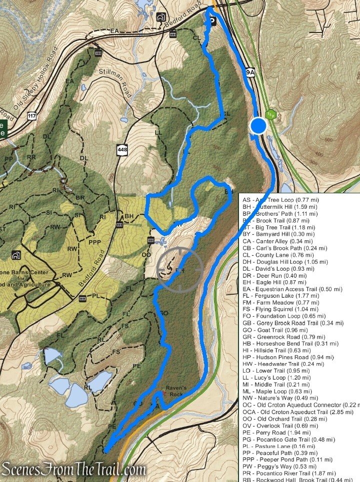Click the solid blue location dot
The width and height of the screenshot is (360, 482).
[258, 126]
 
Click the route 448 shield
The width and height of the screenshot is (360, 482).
[121, 149]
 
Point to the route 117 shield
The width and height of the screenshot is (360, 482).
[31, 116]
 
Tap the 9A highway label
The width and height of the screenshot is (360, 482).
[250, 73]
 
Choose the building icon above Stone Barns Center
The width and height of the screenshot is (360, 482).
[16, 256]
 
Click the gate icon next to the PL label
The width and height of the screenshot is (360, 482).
[82, 298]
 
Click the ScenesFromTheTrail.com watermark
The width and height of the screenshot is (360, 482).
[73, 470]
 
